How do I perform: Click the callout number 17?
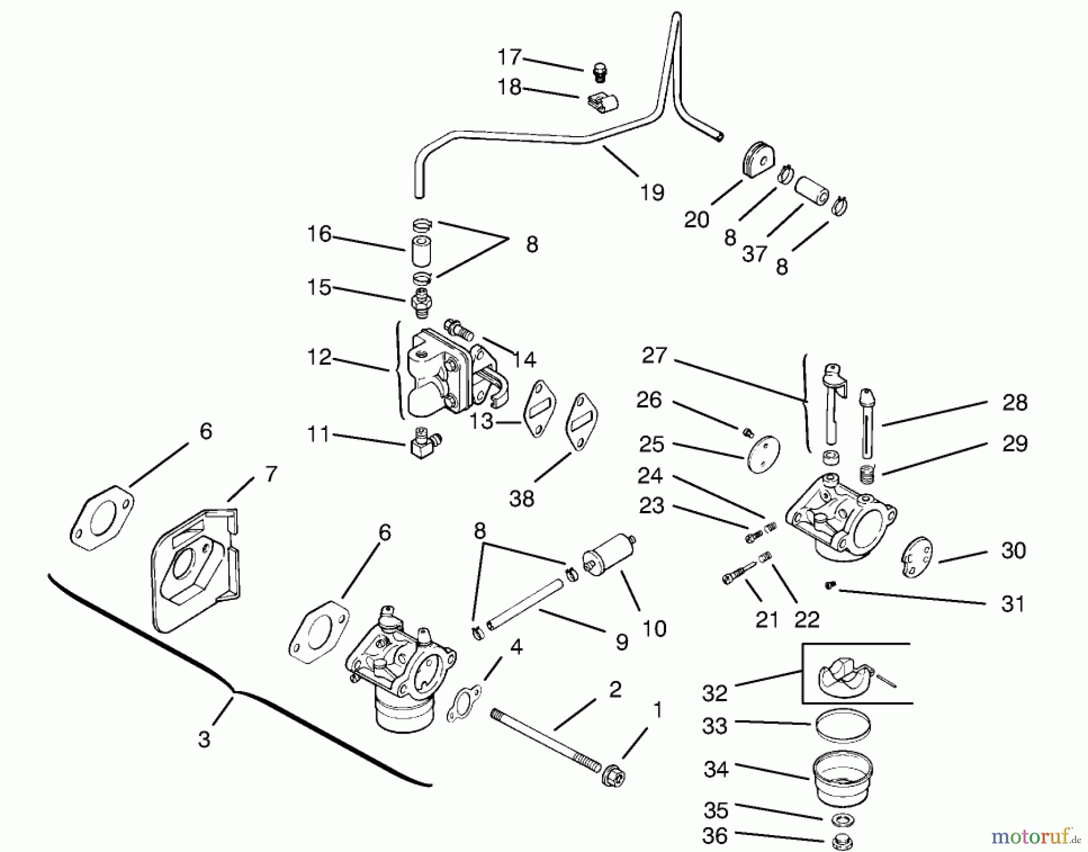point(510,57)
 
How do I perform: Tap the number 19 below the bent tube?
point(652,192)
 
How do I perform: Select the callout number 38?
point(522,498)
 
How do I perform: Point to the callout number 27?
point(654,355)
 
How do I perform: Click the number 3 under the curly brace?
point(204,739)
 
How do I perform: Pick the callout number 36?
point(715,836)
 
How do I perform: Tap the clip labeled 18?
point(603,102)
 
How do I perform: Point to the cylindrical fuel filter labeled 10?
point(609,550)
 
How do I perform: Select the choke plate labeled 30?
point(916,556)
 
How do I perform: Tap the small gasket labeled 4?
point(464,704)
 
